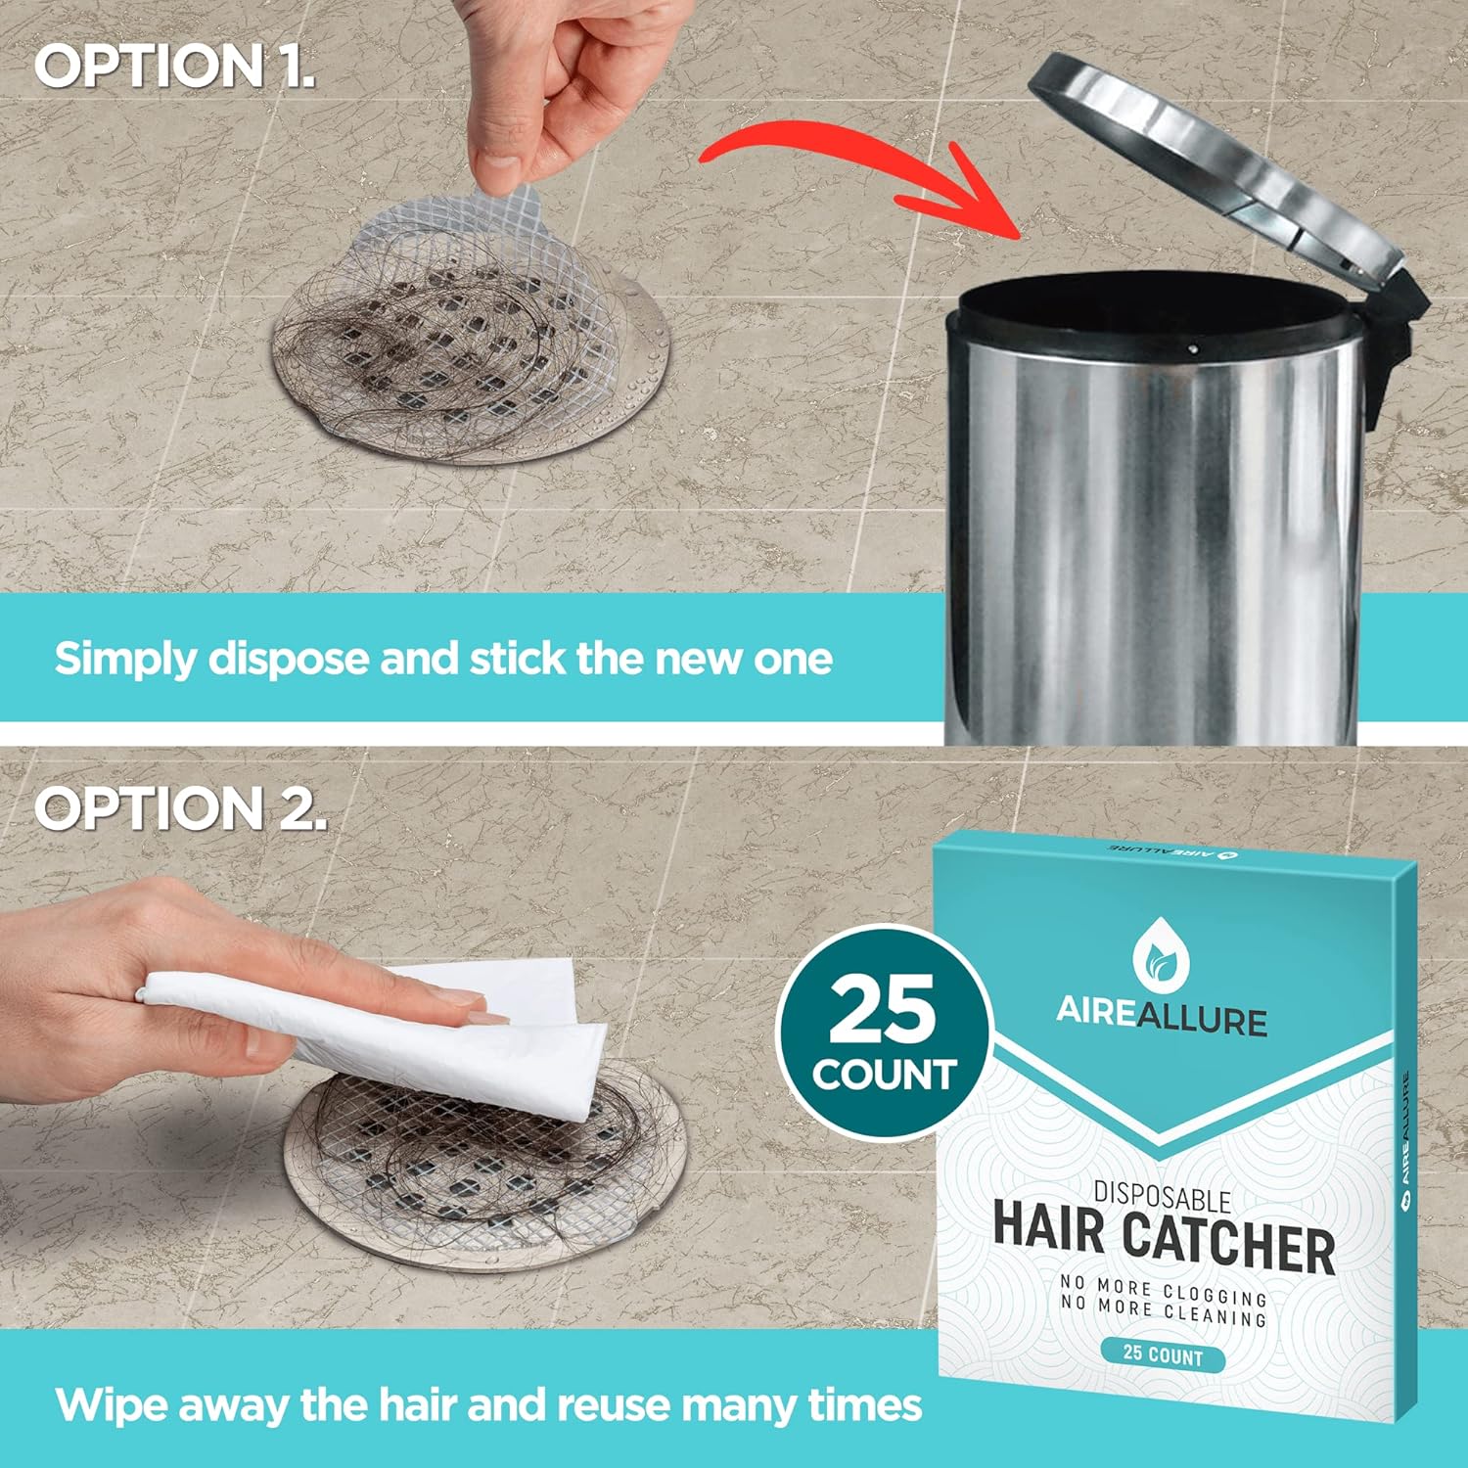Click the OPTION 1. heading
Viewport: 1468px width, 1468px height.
[x=175, y=67]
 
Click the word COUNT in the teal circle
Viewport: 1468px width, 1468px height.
[x=883, y=1075]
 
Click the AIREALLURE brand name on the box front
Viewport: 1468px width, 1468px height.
[x=1162, y=1018]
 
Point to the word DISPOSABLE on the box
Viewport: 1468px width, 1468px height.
[x=1162, y=1197]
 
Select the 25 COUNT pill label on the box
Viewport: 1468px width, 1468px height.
[x=1163, y=1354]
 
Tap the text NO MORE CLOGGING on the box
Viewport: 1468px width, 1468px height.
[x=1164, y=1289]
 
